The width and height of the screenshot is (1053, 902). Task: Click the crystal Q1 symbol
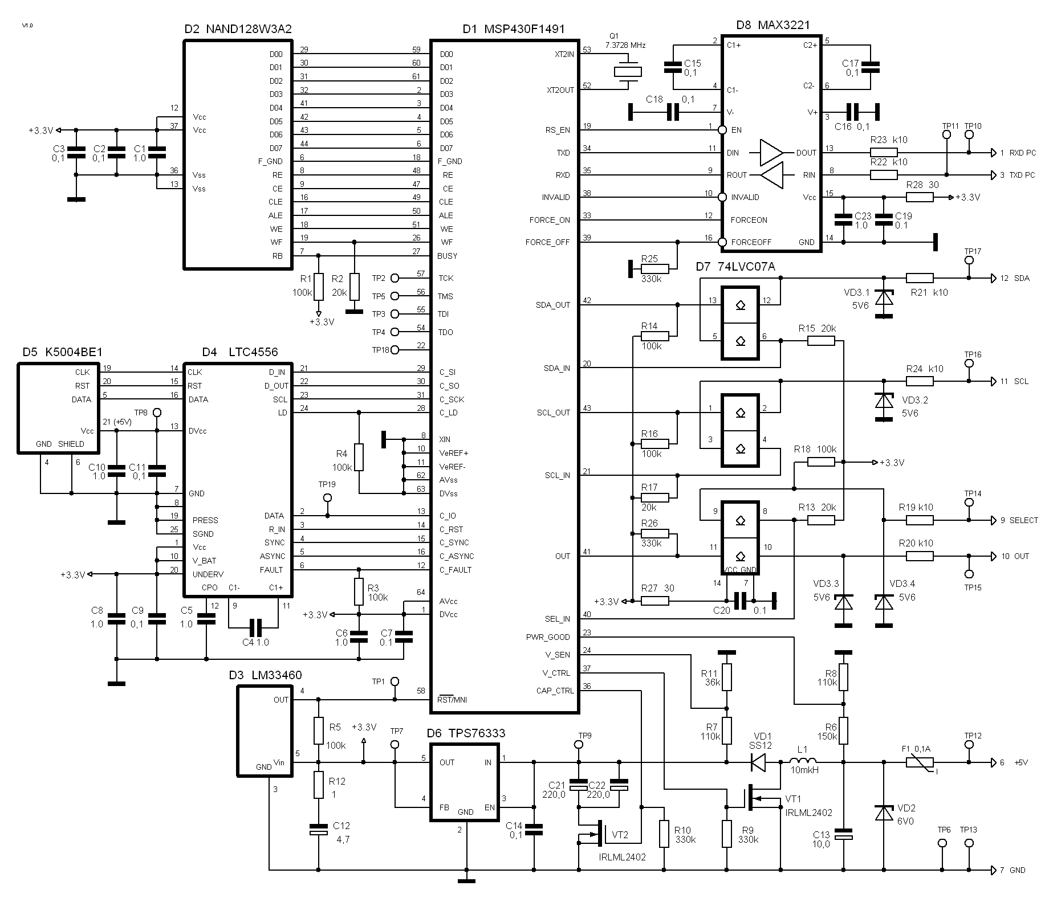point(628,72)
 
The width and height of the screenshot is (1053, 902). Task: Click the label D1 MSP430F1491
point(514,29)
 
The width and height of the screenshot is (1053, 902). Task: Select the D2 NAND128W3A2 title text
point(238,29)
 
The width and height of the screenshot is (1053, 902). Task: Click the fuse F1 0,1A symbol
point(920,762)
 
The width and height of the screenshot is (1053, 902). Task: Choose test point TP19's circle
point(327,497)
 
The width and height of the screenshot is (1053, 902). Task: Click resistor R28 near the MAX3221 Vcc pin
point(920,197)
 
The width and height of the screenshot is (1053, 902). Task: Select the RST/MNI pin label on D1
point(452,699)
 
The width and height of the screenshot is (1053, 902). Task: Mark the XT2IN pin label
point(564,54)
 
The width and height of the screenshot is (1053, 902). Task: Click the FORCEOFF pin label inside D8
point(751,242)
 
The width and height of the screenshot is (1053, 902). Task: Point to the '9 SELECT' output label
point(1019,520)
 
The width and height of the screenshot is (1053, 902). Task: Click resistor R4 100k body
point(359,458)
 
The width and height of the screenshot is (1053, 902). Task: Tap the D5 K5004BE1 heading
point(63,352)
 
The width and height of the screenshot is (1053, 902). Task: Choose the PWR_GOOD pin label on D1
point(548,637)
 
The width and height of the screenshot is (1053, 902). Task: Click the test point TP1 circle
point(394,681)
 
